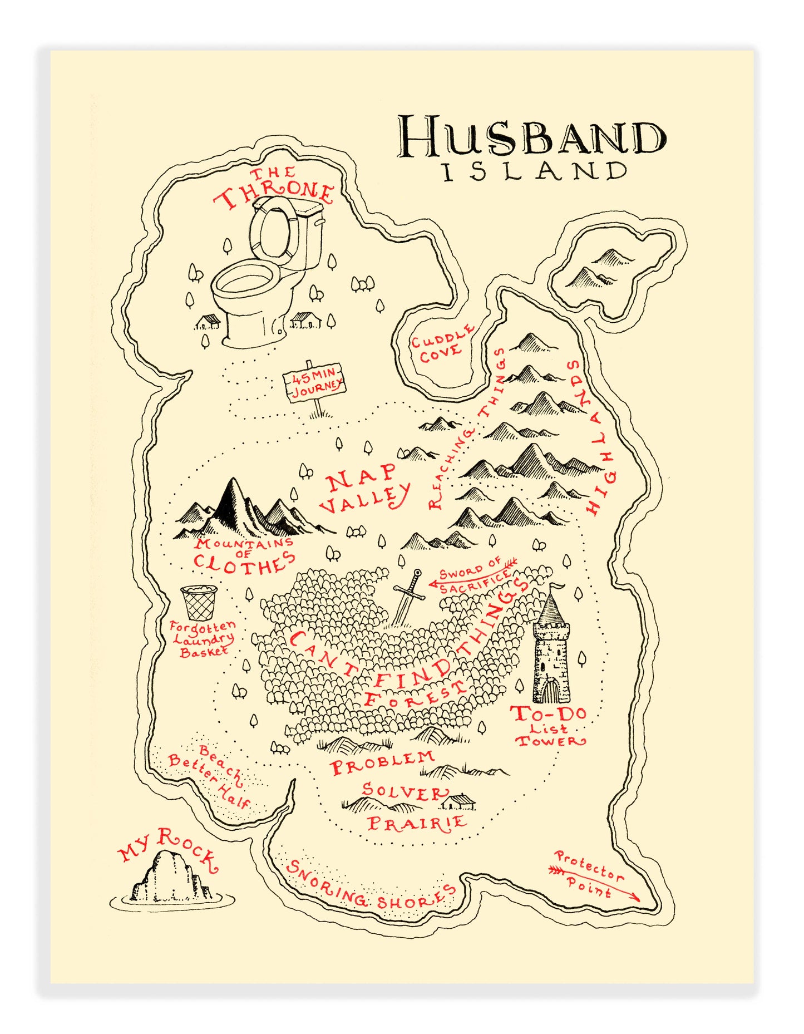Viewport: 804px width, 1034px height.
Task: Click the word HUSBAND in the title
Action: tap(531, 136)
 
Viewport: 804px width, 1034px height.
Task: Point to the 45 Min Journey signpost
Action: tap(314, 383)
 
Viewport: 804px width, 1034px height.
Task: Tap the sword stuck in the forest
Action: tap(407, 598)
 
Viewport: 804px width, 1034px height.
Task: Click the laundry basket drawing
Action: tap(199, 602)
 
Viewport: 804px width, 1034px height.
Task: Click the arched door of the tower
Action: tap(550, 691)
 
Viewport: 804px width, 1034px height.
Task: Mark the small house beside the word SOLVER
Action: tap(459, 801)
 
